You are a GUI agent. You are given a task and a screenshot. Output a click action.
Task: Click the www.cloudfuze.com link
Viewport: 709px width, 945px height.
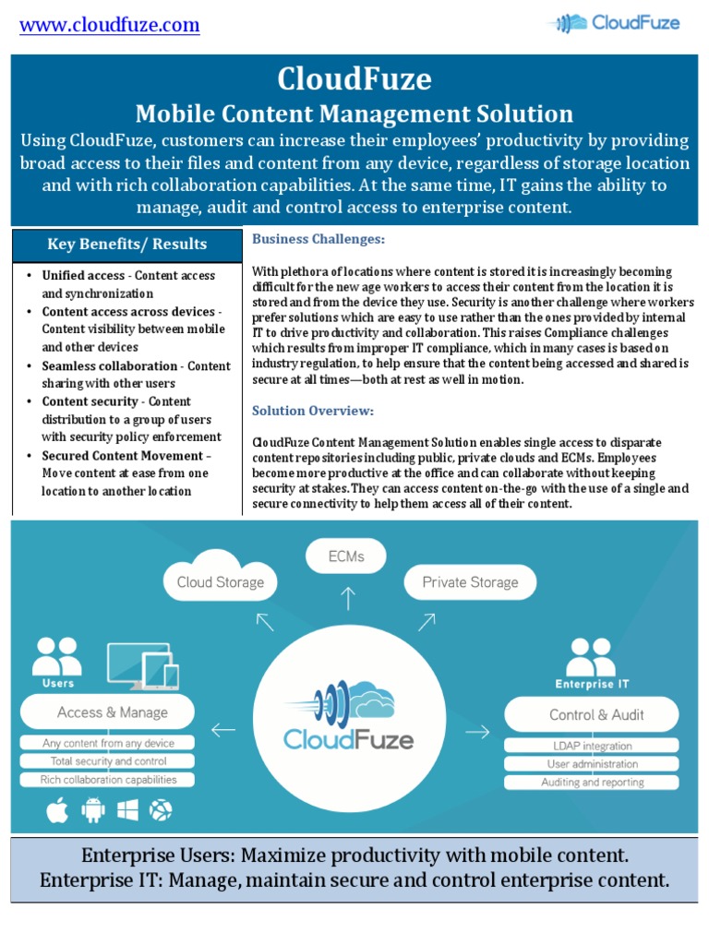[110, 25]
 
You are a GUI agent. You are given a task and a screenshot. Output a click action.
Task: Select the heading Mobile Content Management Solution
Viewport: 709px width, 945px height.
[354, 114]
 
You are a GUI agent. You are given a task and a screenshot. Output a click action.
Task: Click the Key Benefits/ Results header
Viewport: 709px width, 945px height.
[127, 245]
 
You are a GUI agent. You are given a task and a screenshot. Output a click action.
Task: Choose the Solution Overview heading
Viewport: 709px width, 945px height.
[313, 410]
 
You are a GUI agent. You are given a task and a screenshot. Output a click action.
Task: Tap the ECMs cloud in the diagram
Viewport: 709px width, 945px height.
[346, 557]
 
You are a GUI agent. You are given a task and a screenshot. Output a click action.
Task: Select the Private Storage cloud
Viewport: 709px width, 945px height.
[470, 580]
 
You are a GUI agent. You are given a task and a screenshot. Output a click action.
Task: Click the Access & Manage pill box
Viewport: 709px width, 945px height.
[113, 712]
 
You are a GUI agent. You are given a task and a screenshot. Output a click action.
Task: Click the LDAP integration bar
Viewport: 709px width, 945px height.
[590, 746]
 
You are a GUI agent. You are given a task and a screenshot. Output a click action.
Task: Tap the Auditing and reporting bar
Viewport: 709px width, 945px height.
[591, 783]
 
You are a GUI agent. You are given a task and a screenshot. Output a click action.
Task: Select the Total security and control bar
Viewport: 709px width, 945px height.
[109, 761]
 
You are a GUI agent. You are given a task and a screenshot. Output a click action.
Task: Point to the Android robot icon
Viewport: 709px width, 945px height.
[92, 810]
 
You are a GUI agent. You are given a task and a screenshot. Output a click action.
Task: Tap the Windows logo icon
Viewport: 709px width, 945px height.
[127, 810]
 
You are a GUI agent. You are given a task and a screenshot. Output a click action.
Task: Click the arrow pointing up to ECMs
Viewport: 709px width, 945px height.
[347, 599]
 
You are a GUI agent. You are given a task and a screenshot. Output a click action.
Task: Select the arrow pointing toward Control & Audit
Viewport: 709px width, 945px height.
[477, 732]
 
